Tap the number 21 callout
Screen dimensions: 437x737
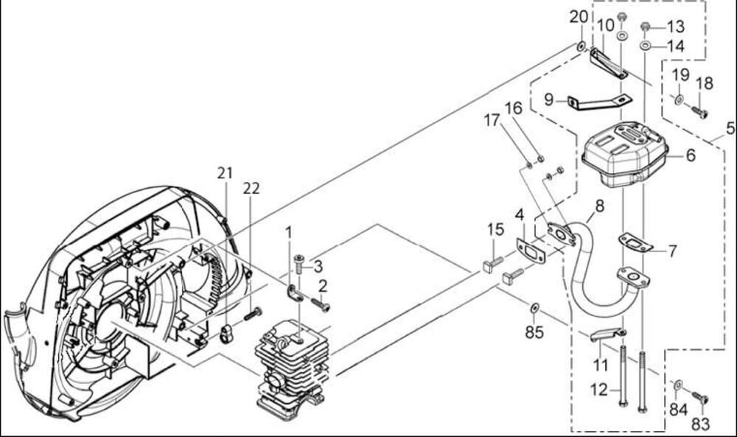point(225,173)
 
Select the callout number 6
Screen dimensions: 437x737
point(691,155)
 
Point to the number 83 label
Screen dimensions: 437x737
point(701,424)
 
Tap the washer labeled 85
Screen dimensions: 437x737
point(534,306)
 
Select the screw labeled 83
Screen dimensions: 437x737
point(699,399)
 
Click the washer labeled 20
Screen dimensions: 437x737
point(581,47)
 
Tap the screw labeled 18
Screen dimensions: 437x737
point(699,112)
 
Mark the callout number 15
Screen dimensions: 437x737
point(495,230)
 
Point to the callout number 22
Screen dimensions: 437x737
point(251,189)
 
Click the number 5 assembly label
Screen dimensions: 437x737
point(730,126)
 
